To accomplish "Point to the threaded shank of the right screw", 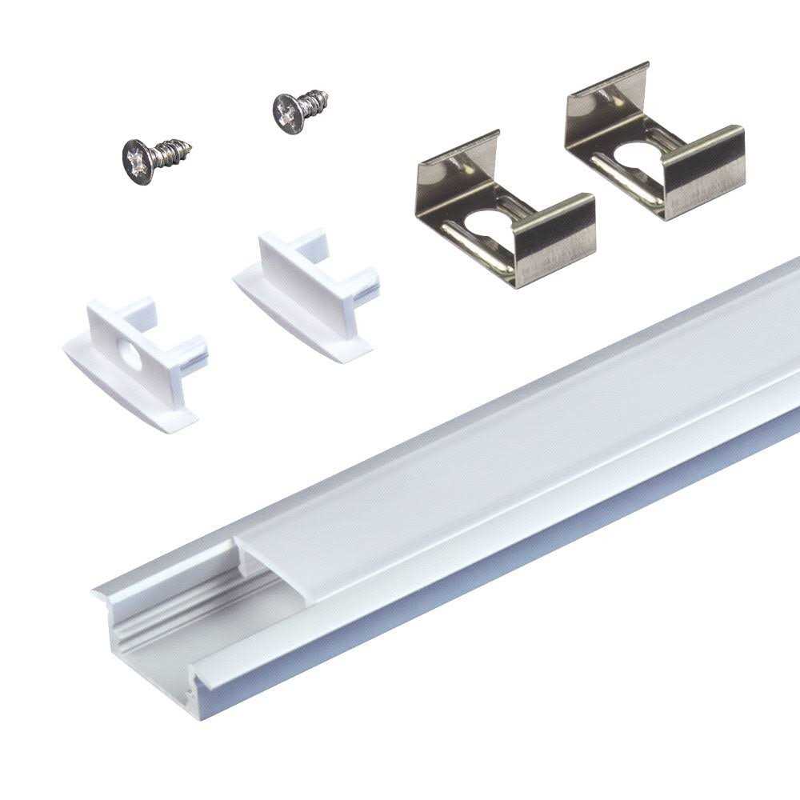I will click(x=314, y=102).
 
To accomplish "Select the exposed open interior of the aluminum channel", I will click(x=184, y=632).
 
